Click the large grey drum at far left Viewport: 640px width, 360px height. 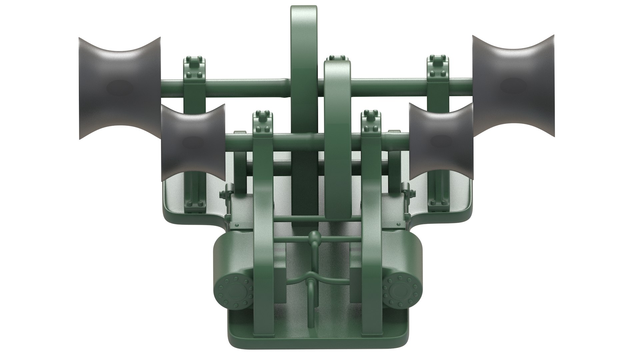[x=119, y=88]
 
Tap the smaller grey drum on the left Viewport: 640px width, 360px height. [x=193, y=143]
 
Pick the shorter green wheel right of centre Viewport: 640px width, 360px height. [x=337, y=110]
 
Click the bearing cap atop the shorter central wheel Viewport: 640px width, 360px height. [x=337, y=57]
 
